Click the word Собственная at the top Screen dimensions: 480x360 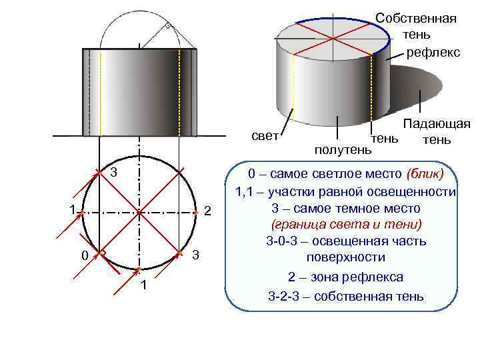click(x=416, y=17)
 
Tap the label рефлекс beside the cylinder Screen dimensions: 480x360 click(x=433, y=51)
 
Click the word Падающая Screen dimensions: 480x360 click(x=436, y=125)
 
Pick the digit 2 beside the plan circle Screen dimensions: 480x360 click(x=207, y=211)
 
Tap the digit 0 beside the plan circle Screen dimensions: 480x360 click(x=83, y=256)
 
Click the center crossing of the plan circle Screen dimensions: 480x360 click(x=139, y=213)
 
